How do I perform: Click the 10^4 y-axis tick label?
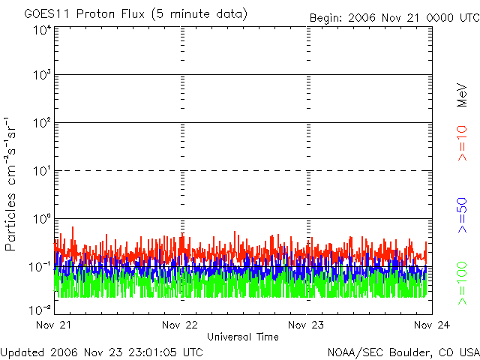coord(40,30)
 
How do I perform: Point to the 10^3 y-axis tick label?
coord(40,76)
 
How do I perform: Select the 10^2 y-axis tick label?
coord(40,124)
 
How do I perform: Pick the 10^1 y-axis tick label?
coord(40,172)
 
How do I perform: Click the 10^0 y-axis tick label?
coord(40,220)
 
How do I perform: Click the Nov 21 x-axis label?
coord(53,325)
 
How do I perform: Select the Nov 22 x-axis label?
coord(180,325)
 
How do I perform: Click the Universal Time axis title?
coord(243,337)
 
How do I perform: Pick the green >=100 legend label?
coord(462,283)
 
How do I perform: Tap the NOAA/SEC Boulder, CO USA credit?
coord(403,352)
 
